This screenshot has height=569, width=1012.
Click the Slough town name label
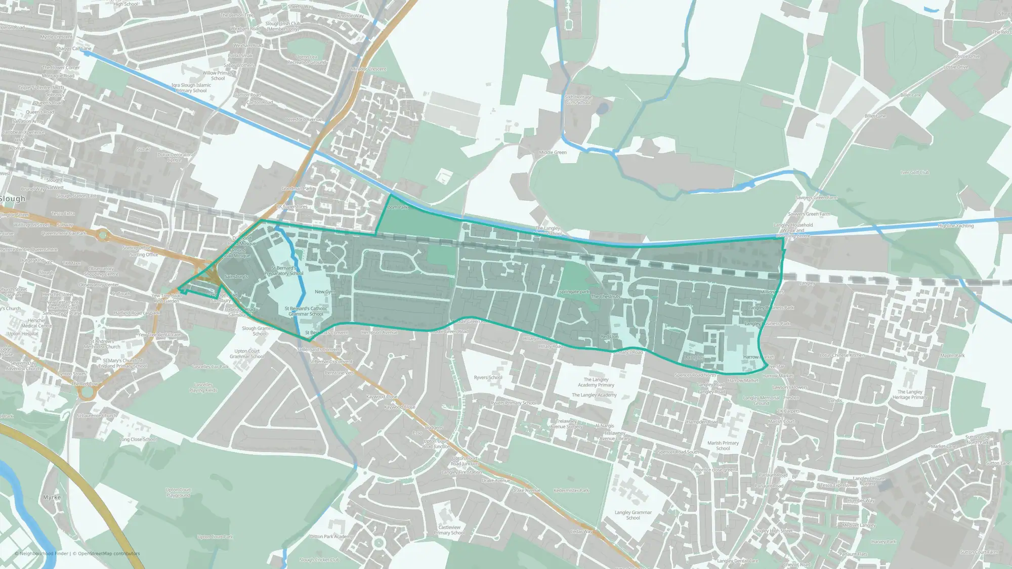[x=13, y=199]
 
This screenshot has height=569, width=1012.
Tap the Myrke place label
[x=52, y=497]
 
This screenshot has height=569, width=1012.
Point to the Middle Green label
[x=553, y=152]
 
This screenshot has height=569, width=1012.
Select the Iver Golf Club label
[x=915, y=172]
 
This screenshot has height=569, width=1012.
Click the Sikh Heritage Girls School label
[x=578, y=100]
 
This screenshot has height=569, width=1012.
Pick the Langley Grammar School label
[x=633, y=515]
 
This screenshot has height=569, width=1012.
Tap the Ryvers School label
[x=488, y=377]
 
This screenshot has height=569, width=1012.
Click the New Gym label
[x=324, y=292]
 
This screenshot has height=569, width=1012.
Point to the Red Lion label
[x=609, y=336]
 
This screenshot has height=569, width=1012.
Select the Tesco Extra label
[x=63, y=213]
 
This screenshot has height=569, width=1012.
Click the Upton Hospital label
[x=23, y=333]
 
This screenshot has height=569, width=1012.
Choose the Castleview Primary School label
[x=449, y=530]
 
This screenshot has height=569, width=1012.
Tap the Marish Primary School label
[x=723, y=446]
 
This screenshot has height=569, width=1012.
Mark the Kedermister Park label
[x=571, y=491]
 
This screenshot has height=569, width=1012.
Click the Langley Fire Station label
[x=461, y=472]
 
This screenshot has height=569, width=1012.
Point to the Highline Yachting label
[x=955, y=226]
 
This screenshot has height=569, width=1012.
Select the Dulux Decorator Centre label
[x=174, y=157]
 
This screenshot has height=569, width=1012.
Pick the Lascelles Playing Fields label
[x=203, y=387]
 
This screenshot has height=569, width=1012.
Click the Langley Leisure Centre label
[x=869, y=481]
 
